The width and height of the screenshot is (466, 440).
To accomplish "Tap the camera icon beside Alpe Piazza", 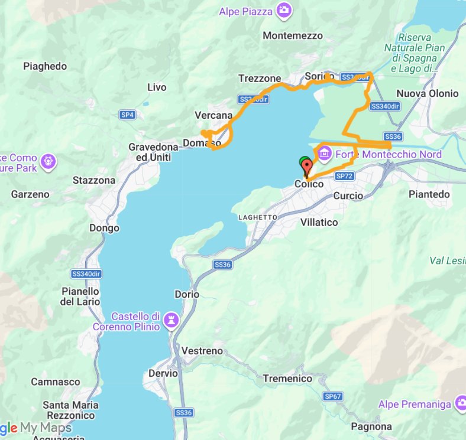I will pyautogui.click(x=284, y=11).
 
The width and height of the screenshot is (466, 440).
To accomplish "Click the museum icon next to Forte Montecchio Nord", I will pyautogui.click(x=324, y=154).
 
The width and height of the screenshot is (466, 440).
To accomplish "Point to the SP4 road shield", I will pyautogui.click(x=127, y=115).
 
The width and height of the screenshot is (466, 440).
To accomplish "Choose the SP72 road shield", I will pyautogui.click(x=344, y=176).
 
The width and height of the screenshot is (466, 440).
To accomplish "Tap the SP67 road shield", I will pyautogui.click(x=332, y=396).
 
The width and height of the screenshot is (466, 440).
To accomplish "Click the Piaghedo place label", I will pyautogui.click(x=45, y=66).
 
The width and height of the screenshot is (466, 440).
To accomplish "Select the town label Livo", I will pyautogui.click(x=157, y=87).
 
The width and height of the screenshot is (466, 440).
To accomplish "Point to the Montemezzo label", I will pyautogui.click(x=293, y=35).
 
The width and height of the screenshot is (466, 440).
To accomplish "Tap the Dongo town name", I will pyautogui.click(x=104, y=228).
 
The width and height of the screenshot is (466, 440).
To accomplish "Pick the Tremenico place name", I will pyautogui.click(x=287, y=379).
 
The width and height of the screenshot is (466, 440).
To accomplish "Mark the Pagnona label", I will pyautogui.click(x=371, y=426).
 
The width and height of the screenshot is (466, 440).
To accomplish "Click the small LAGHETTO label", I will pyautogui.click(x=257, y=217).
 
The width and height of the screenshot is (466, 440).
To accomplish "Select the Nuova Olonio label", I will pyautogui.click(x=427, y=93).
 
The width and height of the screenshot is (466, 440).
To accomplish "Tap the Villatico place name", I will pyautogui.click(x=319, y=222).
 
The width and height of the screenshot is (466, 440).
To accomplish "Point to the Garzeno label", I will pyautogui.click(x=30, y=194).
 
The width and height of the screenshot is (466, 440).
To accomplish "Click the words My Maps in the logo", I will pyautogui.click(x=46, y=428).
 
